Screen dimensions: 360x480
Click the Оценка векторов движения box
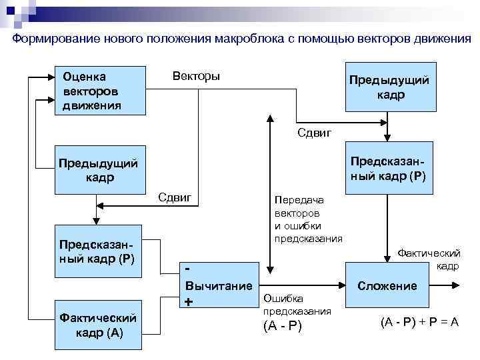(x=100, y=90)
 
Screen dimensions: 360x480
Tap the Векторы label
(x=196, y=76)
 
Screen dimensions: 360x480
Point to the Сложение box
(x=387, y=286)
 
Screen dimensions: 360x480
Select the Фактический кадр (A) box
(x=99, y=325)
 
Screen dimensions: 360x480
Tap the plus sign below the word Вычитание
(x=189, y=302)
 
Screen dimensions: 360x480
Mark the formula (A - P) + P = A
(x=419, y=321)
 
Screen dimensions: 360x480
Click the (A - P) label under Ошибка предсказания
(x=283, y=325)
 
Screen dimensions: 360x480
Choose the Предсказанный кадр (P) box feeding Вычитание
(x=99, y=251)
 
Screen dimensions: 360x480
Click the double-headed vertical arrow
(x=269, y=193)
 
